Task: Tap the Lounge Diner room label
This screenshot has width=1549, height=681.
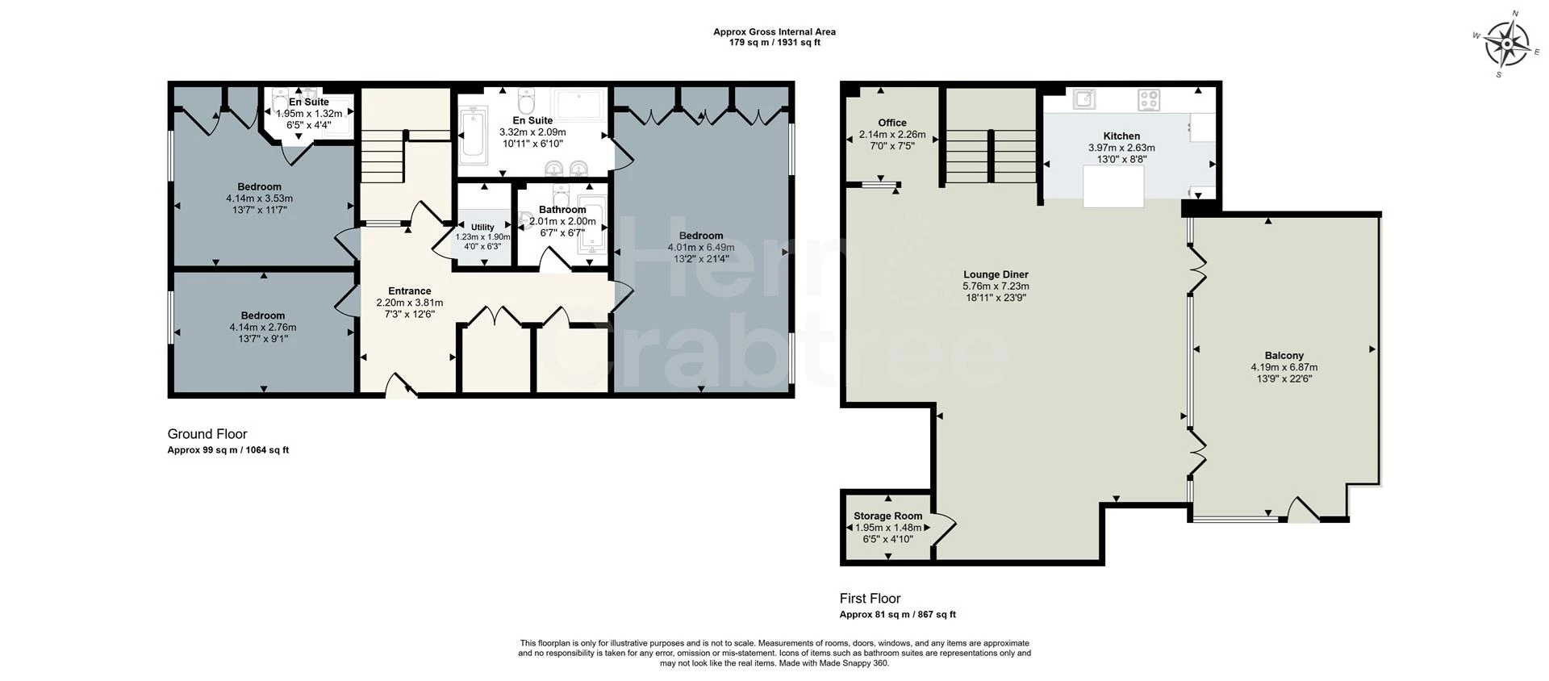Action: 996,274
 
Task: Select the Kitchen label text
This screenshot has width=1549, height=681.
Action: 1121,136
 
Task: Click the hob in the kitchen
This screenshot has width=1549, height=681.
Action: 1149,100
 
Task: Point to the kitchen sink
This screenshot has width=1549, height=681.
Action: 1084,98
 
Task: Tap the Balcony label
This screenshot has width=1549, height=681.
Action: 1284,356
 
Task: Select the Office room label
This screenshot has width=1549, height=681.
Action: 892,123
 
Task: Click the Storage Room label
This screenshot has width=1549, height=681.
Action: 888,516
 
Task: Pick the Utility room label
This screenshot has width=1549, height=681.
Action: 482,228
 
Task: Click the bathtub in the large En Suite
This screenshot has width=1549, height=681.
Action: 473,137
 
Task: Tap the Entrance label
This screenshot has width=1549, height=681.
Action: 410,291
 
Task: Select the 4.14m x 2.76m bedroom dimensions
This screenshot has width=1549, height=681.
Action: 263,328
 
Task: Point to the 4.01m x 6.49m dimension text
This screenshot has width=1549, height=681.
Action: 701,248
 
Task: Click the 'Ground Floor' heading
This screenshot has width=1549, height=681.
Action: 207,434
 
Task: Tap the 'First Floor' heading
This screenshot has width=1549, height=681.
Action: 870,599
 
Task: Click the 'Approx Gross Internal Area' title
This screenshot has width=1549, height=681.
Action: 774,32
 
